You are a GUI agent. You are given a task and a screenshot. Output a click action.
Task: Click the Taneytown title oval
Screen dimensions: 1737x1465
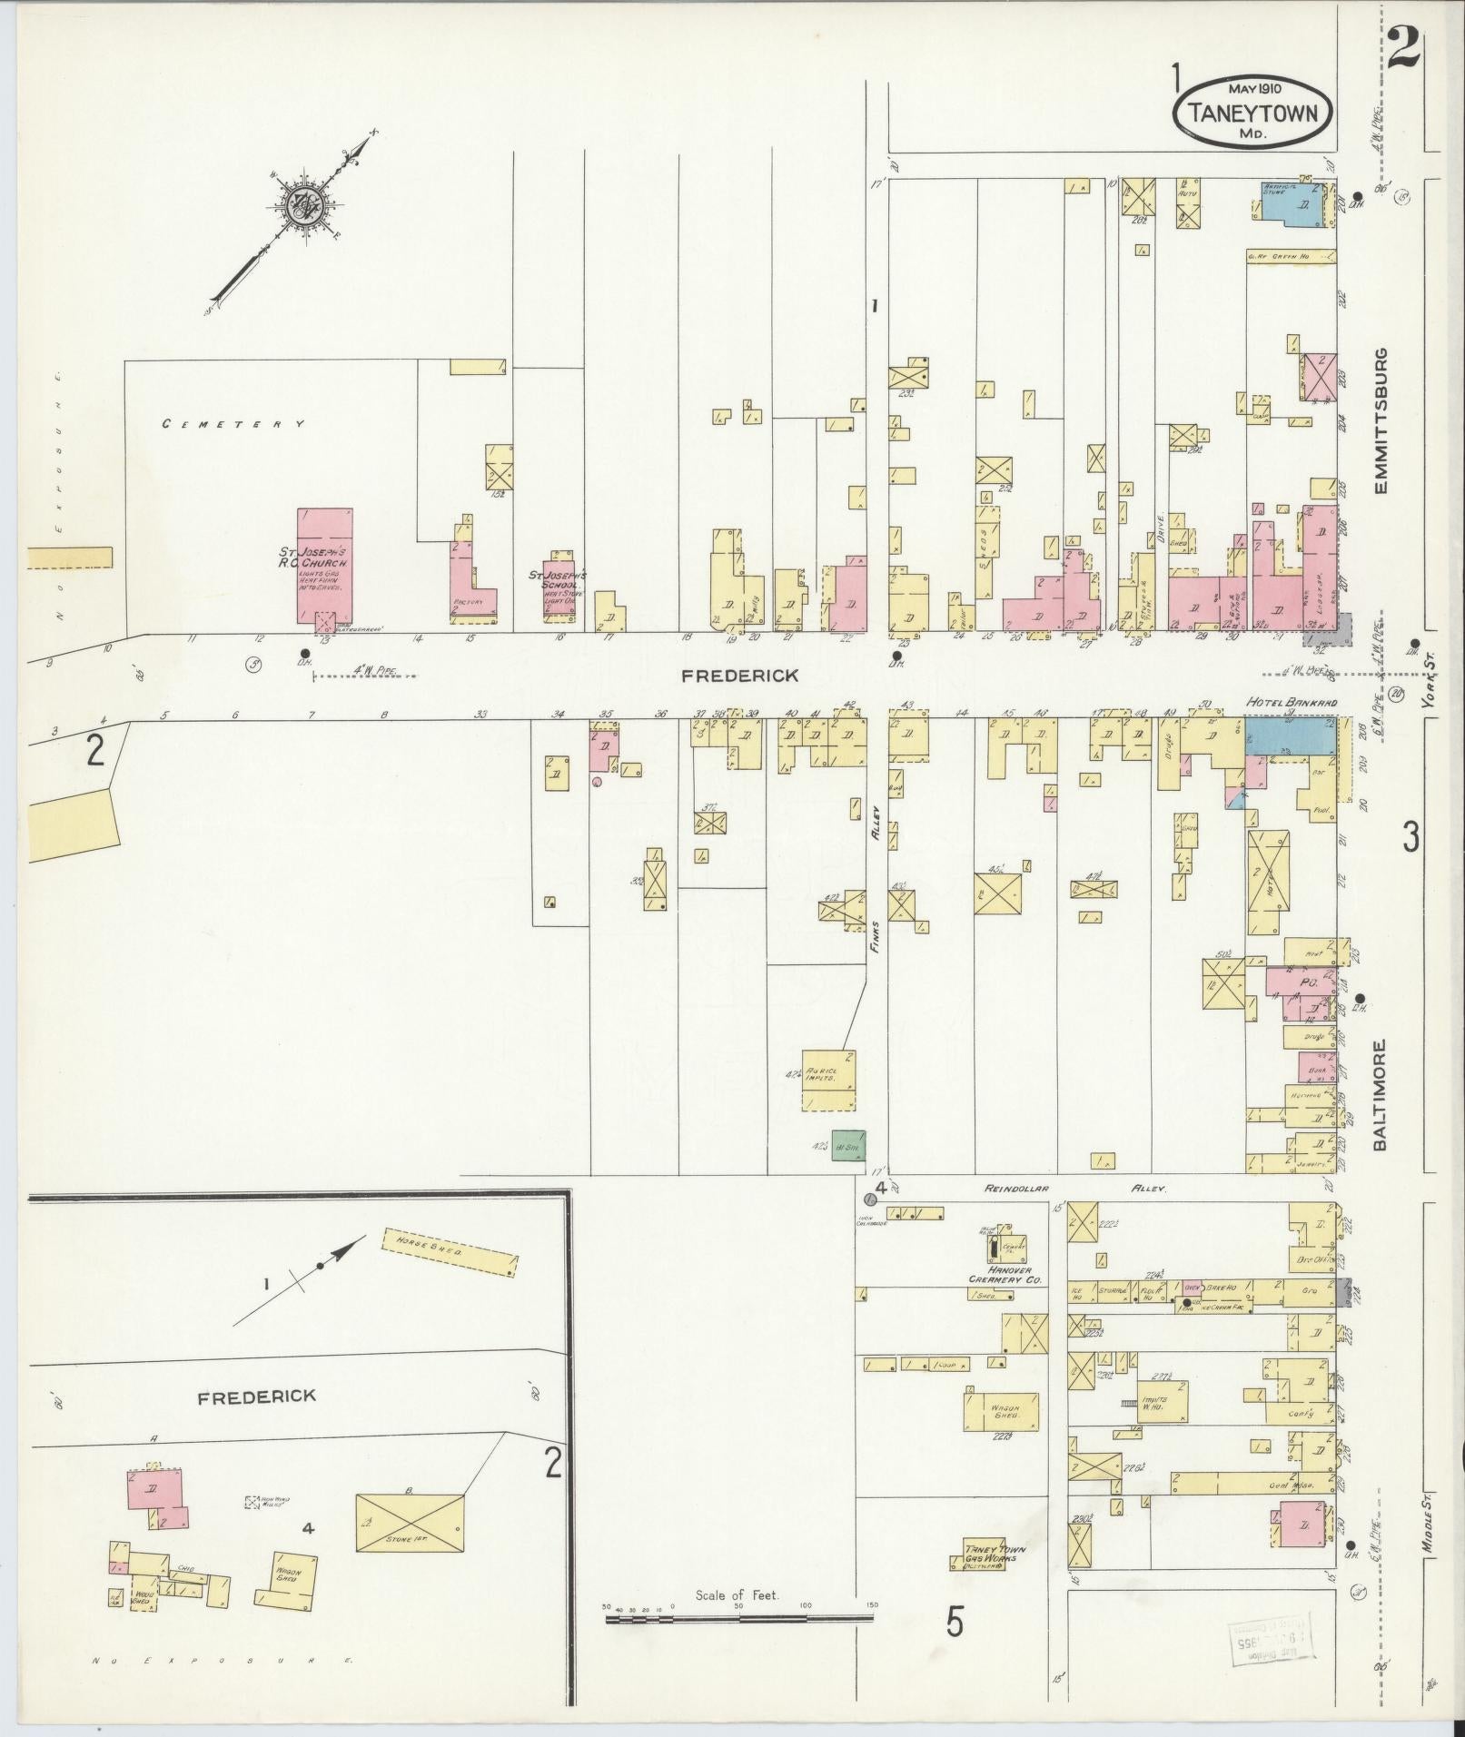click(1254, 112)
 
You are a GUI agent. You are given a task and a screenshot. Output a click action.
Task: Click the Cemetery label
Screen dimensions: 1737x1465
click(233, 424)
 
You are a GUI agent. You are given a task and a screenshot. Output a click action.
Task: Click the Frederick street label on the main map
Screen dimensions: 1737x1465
click(741, 676)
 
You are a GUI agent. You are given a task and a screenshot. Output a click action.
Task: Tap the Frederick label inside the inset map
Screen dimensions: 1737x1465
click(257, 1396)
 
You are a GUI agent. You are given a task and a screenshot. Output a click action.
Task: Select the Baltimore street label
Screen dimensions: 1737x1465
click(1380, 1095)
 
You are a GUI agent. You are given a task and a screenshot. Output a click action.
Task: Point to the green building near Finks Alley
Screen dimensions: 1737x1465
click(849, 1145)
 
